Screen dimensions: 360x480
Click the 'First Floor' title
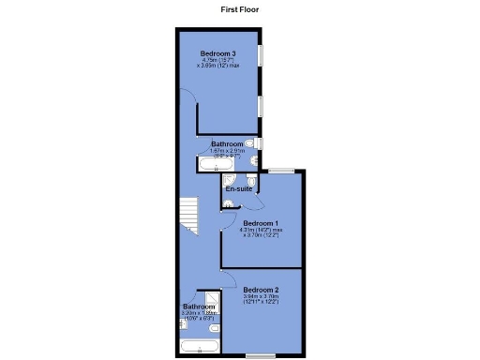pyautogui.click(x=240, y=8)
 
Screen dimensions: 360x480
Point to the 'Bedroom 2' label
pyautogui.click(x=262, y=290)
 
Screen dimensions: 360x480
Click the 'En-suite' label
pyautogui.click(x=238, y=189)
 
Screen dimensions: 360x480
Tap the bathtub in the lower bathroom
pyautogui.click(x=200, y=348)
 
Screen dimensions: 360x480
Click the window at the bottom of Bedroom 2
pyautogui.click(x=262, y=356)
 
